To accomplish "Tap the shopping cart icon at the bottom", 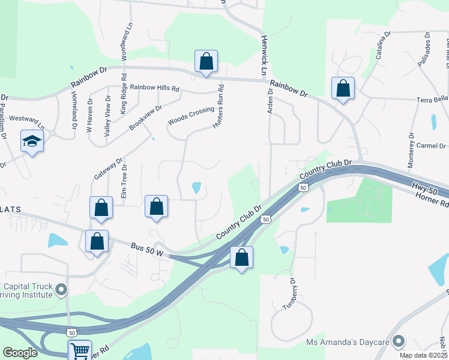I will [80, 350].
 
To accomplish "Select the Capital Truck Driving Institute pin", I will [61, 290].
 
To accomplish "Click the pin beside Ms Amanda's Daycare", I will [398, 343].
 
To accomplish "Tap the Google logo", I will [20, 353].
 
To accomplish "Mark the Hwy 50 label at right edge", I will [423, 190].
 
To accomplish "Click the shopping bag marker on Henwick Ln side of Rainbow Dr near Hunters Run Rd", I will [206, 62].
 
